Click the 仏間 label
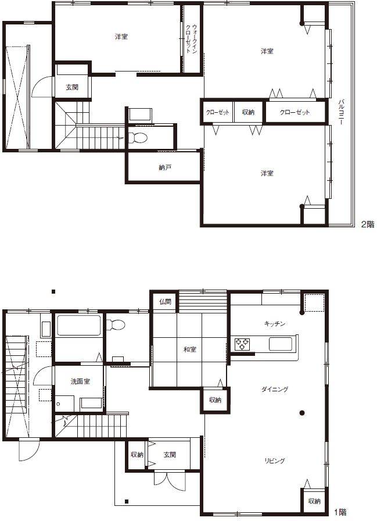coord(165,302)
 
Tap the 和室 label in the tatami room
coord(190,349)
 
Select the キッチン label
coord(275,324)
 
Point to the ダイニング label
coord(275,389)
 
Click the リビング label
coord(275,461)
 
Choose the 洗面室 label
coord(80,381)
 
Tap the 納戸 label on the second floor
coord(165,167)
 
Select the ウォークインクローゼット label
coord(192,39)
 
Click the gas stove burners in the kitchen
coord(242,344)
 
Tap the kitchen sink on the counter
coord(281,344)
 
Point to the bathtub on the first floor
coord(79,325)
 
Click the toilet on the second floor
coord(138,137)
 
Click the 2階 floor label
coord(368,224)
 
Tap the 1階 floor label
coord(340,512)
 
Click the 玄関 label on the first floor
coord(170,455)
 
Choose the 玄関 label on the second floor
coord(72,87)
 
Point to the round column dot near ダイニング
coord(301,413)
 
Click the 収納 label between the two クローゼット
coord(248,112)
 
